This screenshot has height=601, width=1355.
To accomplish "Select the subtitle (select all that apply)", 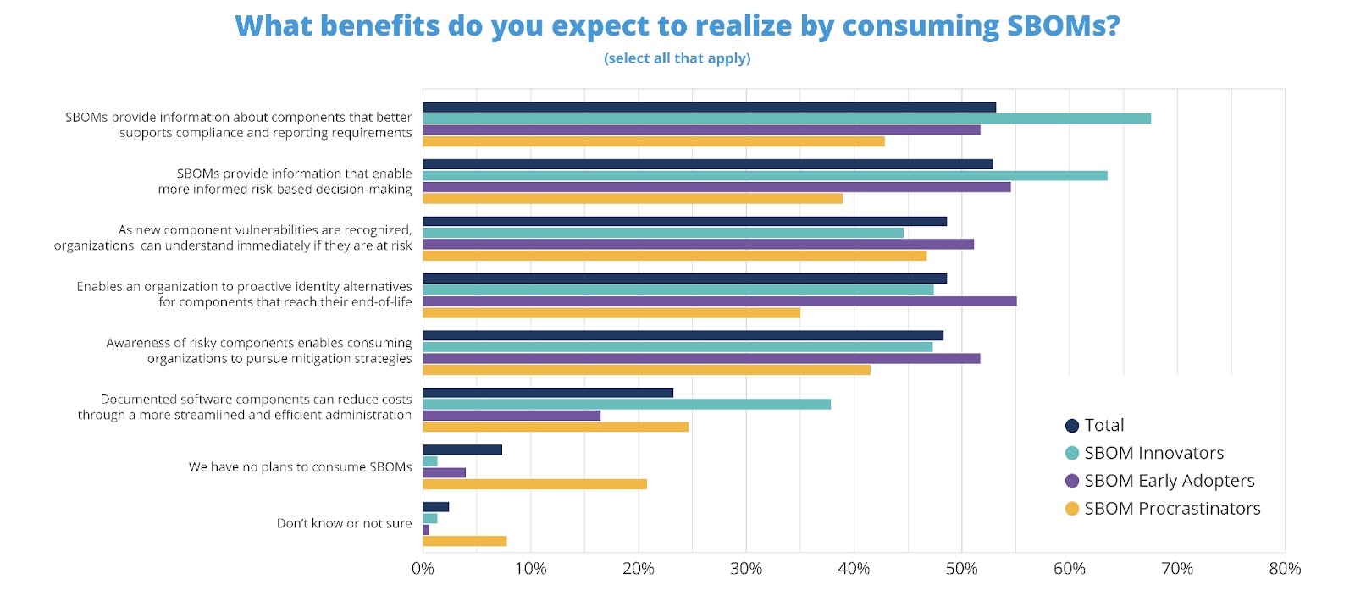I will click(x=677, y=58).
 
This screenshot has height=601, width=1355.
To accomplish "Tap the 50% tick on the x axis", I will click(x=961, y=569).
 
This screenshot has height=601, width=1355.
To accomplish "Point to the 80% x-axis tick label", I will click(x=1284, y=569).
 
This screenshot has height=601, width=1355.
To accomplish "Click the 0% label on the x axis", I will click(x=423, y=569).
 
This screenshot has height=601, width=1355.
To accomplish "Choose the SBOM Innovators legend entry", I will click(x=1153, y=453).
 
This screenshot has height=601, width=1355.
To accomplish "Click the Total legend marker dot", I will click(x=1072, y=426).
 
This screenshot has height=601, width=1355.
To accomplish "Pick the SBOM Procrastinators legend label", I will click(x=1172, y=509).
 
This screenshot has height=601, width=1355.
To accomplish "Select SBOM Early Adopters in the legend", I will click(x=1169, y=481).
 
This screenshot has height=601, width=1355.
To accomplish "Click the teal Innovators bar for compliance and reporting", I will click(x=786, y=119).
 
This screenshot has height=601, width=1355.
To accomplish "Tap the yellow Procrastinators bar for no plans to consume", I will click(x=534, y=484).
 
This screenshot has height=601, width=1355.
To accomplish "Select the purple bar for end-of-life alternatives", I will click(x=719, y=301).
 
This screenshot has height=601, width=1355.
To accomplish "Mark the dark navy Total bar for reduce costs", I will click(x=547, y=393).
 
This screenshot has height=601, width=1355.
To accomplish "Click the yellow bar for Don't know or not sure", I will click(x=464, y=541).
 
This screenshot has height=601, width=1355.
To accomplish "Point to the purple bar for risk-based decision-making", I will click(x=716, y=187).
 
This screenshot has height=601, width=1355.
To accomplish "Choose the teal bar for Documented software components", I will click(x=626, y=405).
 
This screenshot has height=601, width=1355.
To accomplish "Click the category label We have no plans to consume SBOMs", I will click(x=300, y=467).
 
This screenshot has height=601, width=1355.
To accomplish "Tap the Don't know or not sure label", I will click(x=344, y=524).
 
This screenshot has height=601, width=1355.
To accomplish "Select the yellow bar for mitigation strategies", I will click(x=646, y=370).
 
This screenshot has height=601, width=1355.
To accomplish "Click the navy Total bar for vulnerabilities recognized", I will click(x=684, y=222).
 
